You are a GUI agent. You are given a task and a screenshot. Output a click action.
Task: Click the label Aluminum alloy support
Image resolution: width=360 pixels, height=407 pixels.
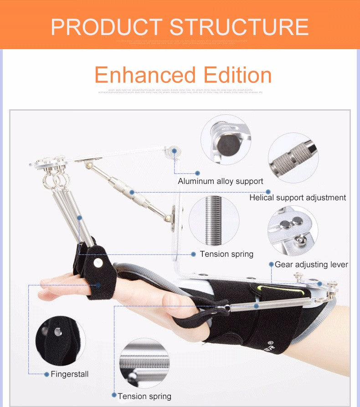pos(221,181)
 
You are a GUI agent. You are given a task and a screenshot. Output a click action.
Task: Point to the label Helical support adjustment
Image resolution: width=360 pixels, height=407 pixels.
pos(298,198)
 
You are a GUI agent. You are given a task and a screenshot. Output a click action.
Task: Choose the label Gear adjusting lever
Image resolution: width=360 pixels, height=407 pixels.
pos(311,265)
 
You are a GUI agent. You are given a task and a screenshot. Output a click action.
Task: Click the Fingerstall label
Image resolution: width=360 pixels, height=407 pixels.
pos(70,374)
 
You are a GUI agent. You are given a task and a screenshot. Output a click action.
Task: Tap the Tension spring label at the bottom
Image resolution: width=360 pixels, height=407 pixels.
pos(144,397)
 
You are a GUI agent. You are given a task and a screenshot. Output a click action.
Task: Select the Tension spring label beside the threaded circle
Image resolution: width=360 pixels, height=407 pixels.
pos(226,254)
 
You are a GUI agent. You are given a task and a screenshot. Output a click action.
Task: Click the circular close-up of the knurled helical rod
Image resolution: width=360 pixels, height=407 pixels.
pos(293,158)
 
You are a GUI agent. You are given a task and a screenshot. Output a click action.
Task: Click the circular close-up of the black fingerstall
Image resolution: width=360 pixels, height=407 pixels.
pos(61,341)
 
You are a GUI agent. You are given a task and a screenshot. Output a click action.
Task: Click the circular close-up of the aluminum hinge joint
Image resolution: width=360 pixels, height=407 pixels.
pos(226,140)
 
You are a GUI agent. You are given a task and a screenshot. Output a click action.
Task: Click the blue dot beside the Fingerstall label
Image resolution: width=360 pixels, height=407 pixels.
pos(46,374)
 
